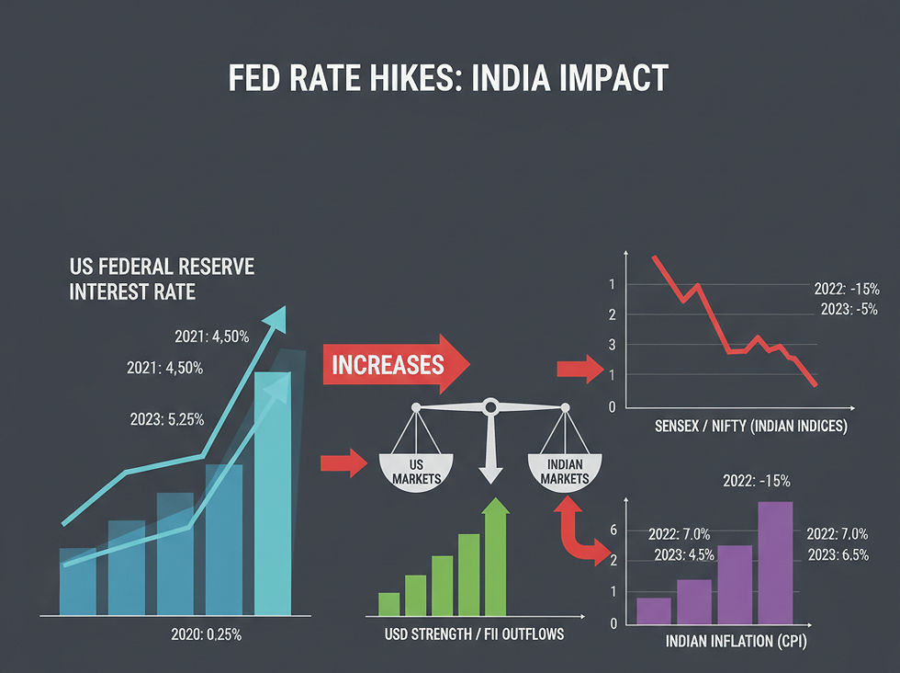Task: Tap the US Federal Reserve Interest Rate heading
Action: click(162, 279)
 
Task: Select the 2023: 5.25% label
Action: click(167, 419)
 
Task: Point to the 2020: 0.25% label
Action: click(206, 634)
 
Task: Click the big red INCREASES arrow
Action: click(396, 364)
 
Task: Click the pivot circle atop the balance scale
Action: click(490, 407)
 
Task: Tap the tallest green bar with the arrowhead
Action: click(495, 557)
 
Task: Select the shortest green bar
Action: click(389, 604)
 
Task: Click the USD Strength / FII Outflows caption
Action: click(474, 633)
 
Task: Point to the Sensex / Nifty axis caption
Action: click(751, 426)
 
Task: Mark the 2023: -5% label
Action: click(849, 309)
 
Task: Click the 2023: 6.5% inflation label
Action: click(838, 555)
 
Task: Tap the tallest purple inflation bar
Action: click(775, 563)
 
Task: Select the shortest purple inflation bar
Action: click(654, 610)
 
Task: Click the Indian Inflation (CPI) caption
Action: click(737, 642)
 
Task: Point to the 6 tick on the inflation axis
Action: click(613, 530)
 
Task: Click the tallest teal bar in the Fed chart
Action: click(273, 494)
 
